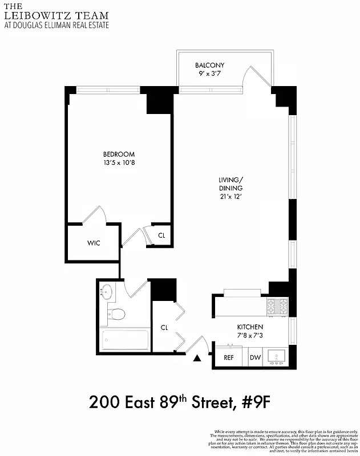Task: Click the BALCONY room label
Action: [209, 65]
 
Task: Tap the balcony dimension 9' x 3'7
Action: [209, 74]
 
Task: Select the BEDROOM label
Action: [119, 154]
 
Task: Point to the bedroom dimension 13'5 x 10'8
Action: [119, 163]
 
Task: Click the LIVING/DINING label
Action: [230, 184]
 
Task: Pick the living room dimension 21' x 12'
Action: [230, 197]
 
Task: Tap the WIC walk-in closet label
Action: [94, 243]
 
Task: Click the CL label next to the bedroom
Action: [161, 235]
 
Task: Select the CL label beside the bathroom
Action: [164, 328]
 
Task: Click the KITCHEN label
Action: [250, 327]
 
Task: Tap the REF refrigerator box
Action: [229, 357]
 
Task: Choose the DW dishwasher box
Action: [254, 357]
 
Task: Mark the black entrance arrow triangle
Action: [197, 359]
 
